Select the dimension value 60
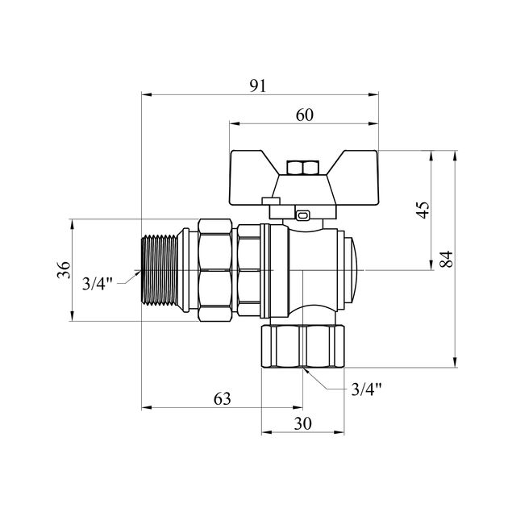click(x=304, y=115)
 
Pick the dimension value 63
click(x=222, y=398)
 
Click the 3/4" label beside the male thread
click(x=98, y=283)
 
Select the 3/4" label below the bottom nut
click(x=367, y=390)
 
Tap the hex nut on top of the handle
click(x=304, y=169)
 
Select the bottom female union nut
click(x=304, y=347)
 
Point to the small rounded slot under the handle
click(x=302, y=215)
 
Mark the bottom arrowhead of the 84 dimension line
click(x=456, y=364)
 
